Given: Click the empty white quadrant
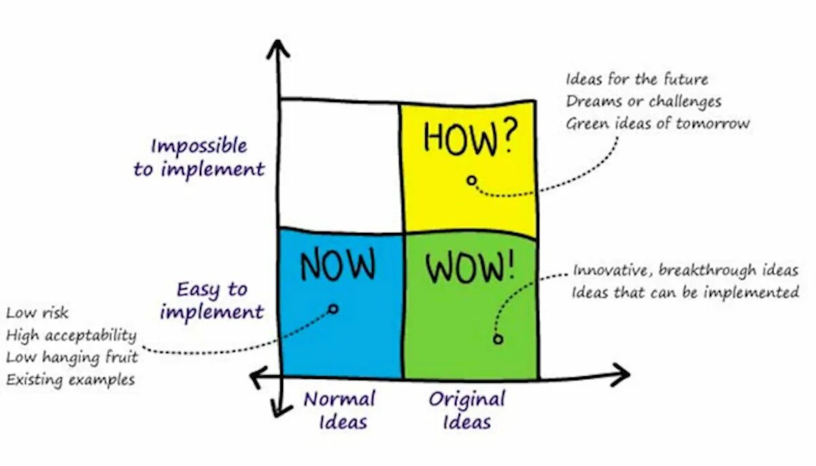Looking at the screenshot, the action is click(x=339, y=165).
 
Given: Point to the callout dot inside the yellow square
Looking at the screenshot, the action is click(x=471, y=181).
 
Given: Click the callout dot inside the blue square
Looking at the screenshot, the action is click(x=333, y=308).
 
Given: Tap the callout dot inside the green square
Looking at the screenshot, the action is click(x=498, y=338).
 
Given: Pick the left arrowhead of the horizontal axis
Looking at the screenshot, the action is click(x=257, y=376).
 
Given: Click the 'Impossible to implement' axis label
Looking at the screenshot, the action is click(x=199, y=158).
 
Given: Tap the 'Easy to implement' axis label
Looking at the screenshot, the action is click(x=211, y=301).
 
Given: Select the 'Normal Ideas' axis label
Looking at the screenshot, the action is click(x=339, y=410).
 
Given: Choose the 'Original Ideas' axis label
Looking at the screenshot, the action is click(x=466, y=410).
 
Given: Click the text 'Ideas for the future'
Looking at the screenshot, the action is click(x=636, y=79).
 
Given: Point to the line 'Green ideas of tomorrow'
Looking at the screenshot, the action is click(x=658, y=124).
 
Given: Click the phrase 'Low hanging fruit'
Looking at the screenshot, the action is click(x=72, y=357).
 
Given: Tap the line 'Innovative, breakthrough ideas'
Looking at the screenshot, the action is click(x=685, y=270).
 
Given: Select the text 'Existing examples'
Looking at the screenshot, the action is click(x=71, y=380).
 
